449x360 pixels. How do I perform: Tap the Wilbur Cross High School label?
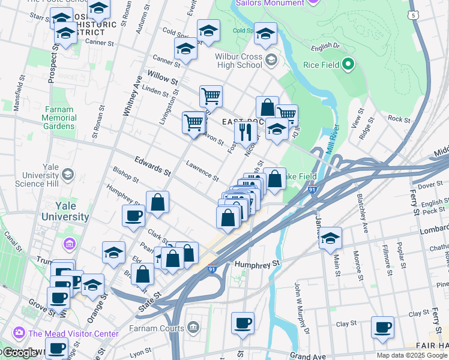[239, 61]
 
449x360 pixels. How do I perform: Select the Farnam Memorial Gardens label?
[59, 118]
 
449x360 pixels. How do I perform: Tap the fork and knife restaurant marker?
[246, 130]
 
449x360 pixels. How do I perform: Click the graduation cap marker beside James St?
[330, 238]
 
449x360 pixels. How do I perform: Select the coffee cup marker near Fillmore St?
[382, 326]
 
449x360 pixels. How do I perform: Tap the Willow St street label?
[163, 78]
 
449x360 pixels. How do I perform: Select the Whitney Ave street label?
[131, 99]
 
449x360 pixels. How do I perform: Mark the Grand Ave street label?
[307, 356]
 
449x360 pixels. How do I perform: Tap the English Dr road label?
[325, 46]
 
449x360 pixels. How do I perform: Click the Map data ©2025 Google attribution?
[412, 355]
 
